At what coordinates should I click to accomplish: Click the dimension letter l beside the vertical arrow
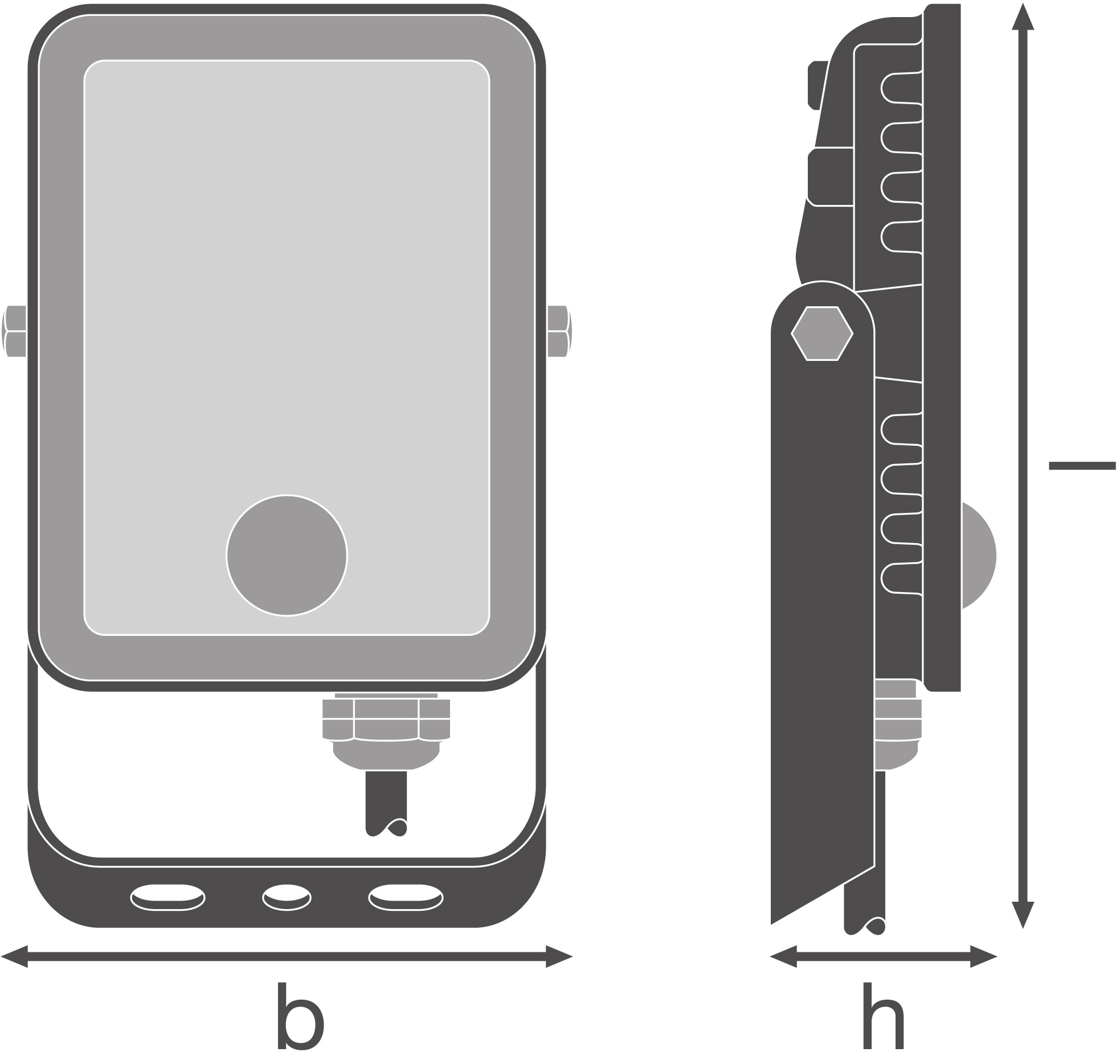(1081, 466)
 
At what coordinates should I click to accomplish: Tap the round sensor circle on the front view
(287, 555)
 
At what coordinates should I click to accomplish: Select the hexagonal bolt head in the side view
(822, 333)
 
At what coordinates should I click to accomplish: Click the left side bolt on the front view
(15, 331)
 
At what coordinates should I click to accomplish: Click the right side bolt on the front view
(559, 331)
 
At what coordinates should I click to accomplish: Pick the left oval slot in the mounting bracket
(168, 898)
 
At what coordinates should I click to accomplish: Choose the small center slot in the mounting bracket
(287, 898)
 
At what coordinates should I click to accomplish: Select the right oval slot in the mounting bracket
(406, 898)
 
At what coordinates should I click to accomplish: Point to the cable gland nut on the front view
(386, 720)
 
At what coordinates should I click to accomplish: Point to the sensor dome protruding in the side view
(978, 555)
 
